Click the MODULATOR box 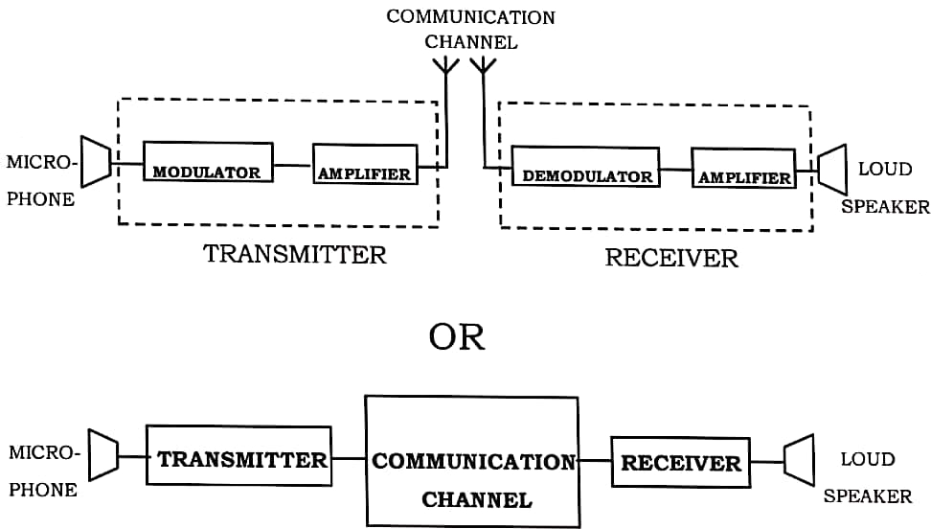click(x=208, y=162)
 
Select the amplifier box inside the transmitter click(x=365, y=164)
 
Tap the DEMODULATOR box click(x=585, y=167)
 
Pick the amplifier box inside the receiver click(x=743, y=168)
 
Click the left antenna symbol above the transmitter click(x=445, y=65)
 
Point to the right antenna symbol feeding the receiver click(x=483, y=65)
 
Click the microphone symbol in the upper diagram click(x=95, y=160)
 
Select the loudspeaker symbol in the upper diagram click(x=832, y=170)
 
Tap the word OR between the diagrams click(x=458, y=337)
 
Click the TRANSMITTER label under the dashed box click(x=295, y=255)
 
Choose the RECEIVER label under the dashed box click(x=671, y=258)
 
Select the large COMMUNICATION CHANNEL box click(x=471, y=461)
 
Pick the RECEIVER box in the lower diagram click(x=680, y=462)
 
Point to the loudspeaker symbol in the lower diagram click(x=798, y=461)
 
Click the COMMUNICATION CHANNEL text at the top click(x=469, y=29)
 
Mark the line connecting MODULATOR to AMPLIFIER click(x=293, y=165)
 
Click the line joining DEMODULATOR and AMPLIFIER click(x=675, y=171)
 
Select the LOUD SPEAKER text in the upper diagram click(x=885, y=188)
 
